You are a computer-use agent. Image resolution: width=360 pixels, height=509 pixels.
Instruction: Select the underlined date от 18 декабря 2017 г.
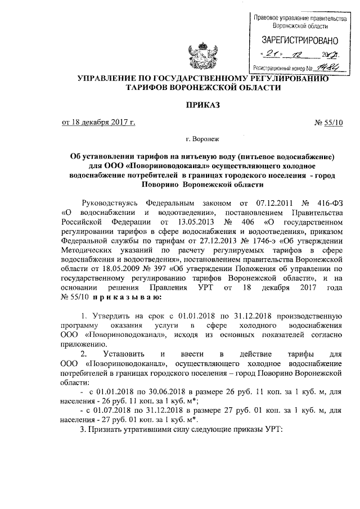(98, 123)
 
